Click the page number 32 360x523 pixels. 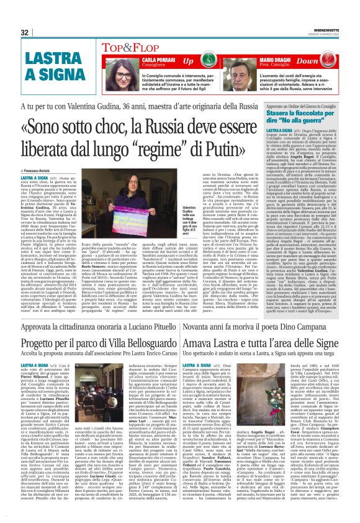click(25, 32)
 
